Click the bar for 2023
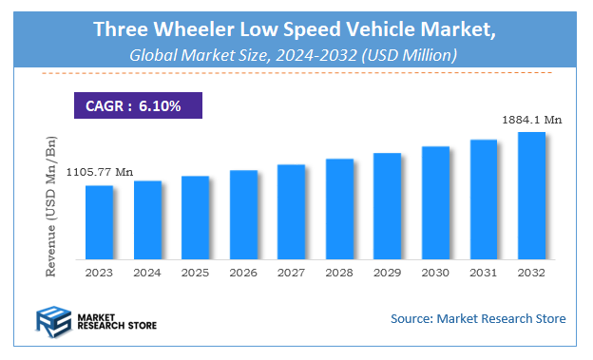point(99,221)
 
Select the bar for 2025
point(195,217)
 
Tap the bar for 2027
point(291,211)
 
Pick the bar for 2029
point(387,205)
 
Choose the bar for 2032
point(530,195)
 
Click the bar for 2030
point(434,201)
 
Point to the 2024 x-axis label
point(147,272)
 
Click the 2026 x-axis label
point(243,272)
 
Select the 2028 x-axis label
point(339,272)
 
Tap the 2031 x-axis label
point(483,272)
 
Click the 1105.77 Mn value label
point(99,172)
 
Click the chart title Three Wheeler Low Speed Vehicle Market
point(295,29)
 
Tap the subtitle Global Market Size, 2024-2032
point(295,56)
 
